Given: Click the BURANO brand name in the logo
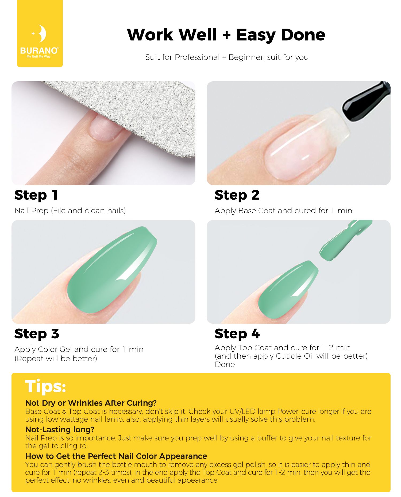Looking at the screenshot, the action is pos(39,51).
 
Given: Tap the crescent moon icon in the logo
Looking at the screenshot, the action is pos(42,34).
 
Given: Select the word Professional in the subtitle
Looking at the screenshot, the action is pos(197,57).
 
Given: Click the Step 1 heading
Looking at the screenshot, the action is pos(36,195).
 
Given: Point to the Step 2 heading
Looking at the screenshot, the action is pos(237,195).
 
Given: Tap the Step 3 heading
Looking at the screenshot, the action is pos(37,334).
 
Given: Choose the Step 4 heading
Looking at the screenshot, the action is pos(237,334).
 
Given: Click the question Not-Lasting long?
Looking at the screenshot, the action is pos(60,429).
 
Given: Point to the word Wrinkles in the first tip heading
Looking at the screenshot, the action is pos(85,403).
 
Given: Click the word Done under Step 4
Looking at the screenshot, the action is pos(225,364).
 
